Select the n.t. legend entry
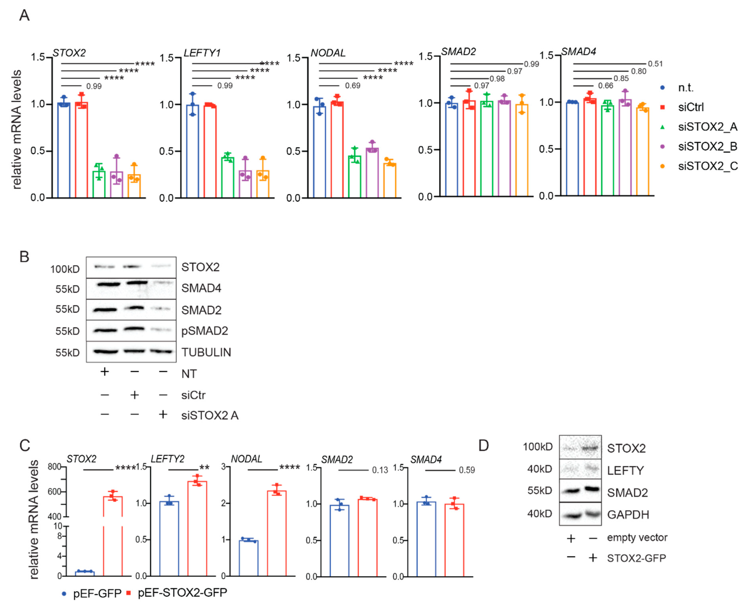[x=685, y=88]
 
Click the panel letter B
[x=24, y=257]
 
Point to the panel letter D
[x=483, y=445]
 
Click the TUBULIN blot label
[x=206, y=352]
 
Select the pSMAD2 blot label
[x=205, y=331]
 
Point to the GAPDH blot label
[x=628, y=514]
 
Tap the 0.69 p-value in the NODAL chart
[x=353, y=86]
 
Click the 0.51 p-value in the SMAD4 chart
[x=655, y=64]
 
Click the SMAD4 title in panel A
[x=578, y=52]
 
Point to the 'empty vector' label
[x=637, y=537]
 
